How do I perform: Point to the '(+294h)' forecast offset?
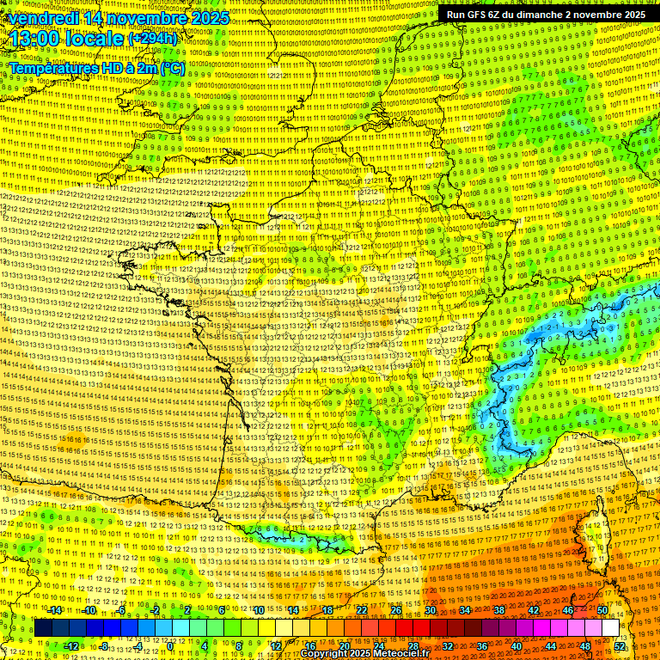coord(153,39)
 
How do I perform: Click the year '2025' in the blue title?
coord(210,18)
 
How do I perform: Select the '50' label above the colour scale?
coord(602,610)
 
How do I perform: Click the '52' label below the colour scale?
coord(620,646)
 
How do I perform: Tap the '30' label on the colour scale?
coord(430,610)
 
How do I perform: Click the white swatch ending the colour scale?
coord(610,628)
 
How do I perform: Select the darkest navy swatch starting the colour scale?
coord(43,628)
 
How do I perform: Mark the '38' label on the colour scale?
coord(498,610)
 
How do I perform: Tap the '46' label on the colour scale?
coord(567,610)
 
